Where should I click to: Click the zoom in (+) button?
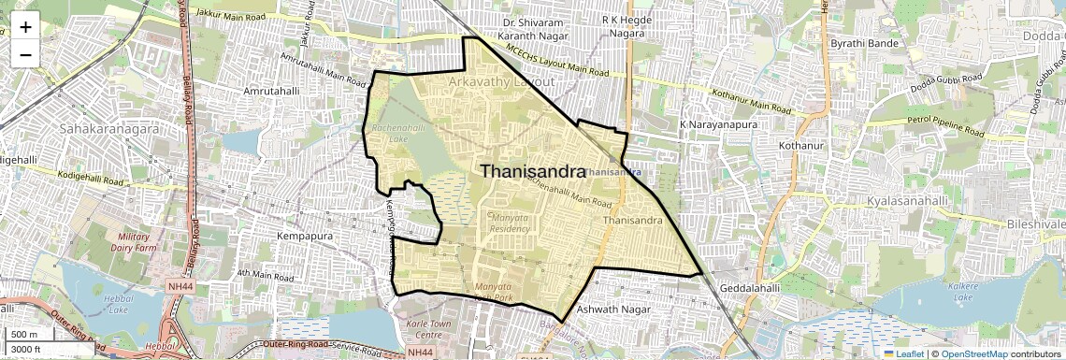coord(25,27)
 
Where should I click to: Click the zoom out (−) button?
coord(25,54)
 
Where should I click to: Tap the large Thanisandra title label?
coord(533,171)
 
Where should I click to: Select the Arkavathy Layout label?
coord(501,82)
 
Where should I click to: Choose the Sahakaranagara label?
coord(108,128)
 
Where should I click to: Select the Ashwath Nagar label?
coord(612,309)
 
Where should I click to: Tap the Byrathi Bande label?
coord(865,44)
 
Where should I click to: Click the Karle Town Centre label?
coord(416,329)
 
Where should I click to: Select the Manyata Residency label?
coord(511,223)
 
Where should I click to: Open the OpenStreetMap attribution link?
coord(974,354)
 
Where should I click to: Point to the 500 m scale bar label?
coord(24,335)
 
